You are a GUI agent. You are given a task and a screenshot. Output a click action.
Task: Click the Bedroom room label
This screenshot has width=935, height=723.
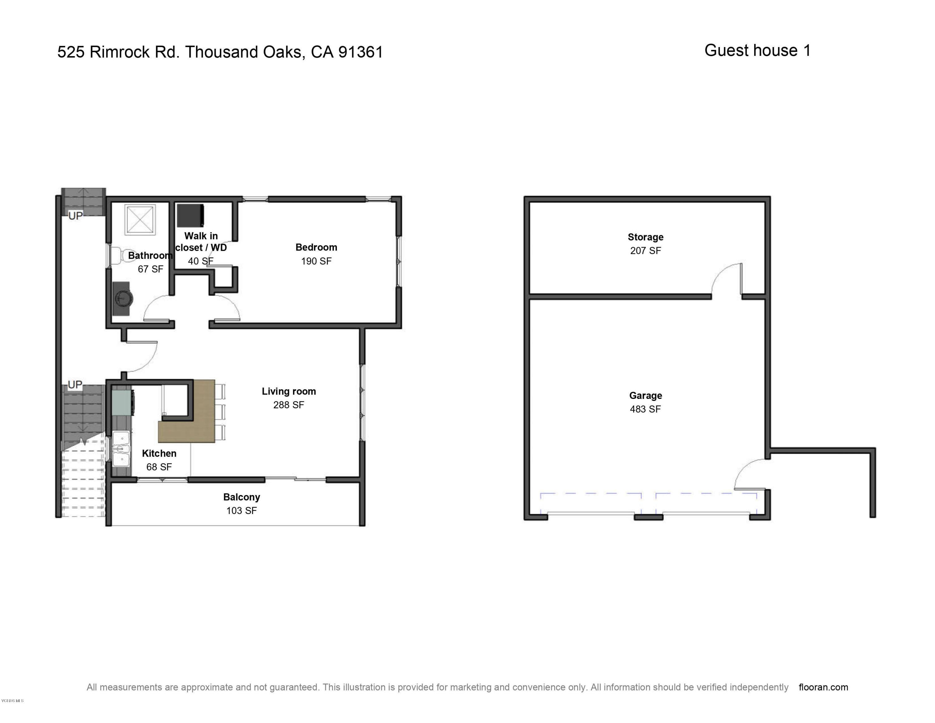(316, 247)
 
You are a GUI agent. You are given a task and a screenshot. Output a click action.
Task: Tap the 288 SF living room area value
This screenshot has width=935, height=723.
(289, 405)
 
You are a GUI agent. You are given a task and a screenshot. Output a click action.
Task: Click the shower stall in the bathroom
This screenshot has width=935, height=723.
(140, 220)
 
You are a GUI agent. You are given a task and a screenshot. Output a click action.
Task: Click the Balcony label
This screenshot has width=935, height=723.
(242, 497)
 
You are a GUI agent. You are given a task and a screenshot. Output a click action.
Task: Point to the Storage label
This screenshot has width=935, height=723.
(645, 237)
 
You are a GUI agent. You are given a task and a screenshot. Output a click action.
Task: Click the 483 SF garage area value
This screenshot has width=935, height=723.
(645, 409)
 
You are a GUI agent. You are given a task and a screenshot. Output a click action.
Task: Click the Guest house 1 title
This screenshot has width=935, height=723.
(757, 51)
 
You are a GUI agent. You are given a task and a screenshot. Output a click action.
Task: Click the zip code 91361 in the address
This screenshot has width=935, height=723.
(361, 52)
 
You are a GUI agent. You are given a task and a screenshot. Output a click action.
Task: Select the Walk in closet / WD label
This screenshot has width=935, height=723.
(201, 241)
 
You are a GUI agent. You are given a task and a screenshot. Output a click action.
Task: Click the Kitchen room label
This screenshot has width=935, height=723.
(159, 453)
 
